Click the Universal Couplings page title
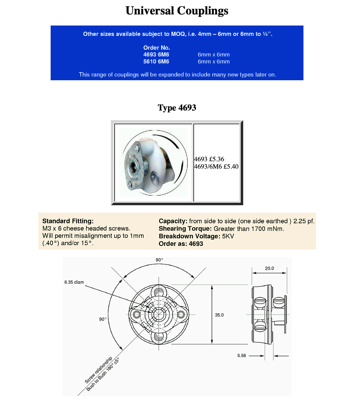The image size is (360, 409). pos(177,11)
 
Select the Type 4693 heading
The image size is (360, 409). pos(177,108)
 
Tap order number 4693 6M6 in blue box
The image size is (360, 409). pos(156,55)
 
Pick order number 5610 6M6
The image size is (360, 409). pos(156,62)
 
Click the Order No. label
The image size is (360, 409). pos(156,48)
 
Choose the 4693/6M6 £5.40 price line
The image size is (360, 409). pos(216,166)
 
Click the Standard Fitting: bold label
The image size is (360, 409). pos(68,221)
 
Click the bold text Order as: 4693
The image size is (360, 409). pos(181,244)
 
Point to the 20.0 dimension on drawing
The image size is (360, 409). pos(269,268)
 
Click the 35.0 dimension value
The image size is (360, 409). pos(220,315)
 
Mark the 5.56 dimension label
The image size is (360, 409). pos(242,356)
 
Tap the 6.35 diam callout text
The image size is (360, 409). pos(74,282)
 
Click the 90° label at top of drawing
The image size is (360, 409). pos(159,260)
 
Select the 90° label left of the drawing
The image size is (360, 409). pos(103,319)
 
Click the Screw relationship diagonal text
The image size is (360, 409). pos(98,370)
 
